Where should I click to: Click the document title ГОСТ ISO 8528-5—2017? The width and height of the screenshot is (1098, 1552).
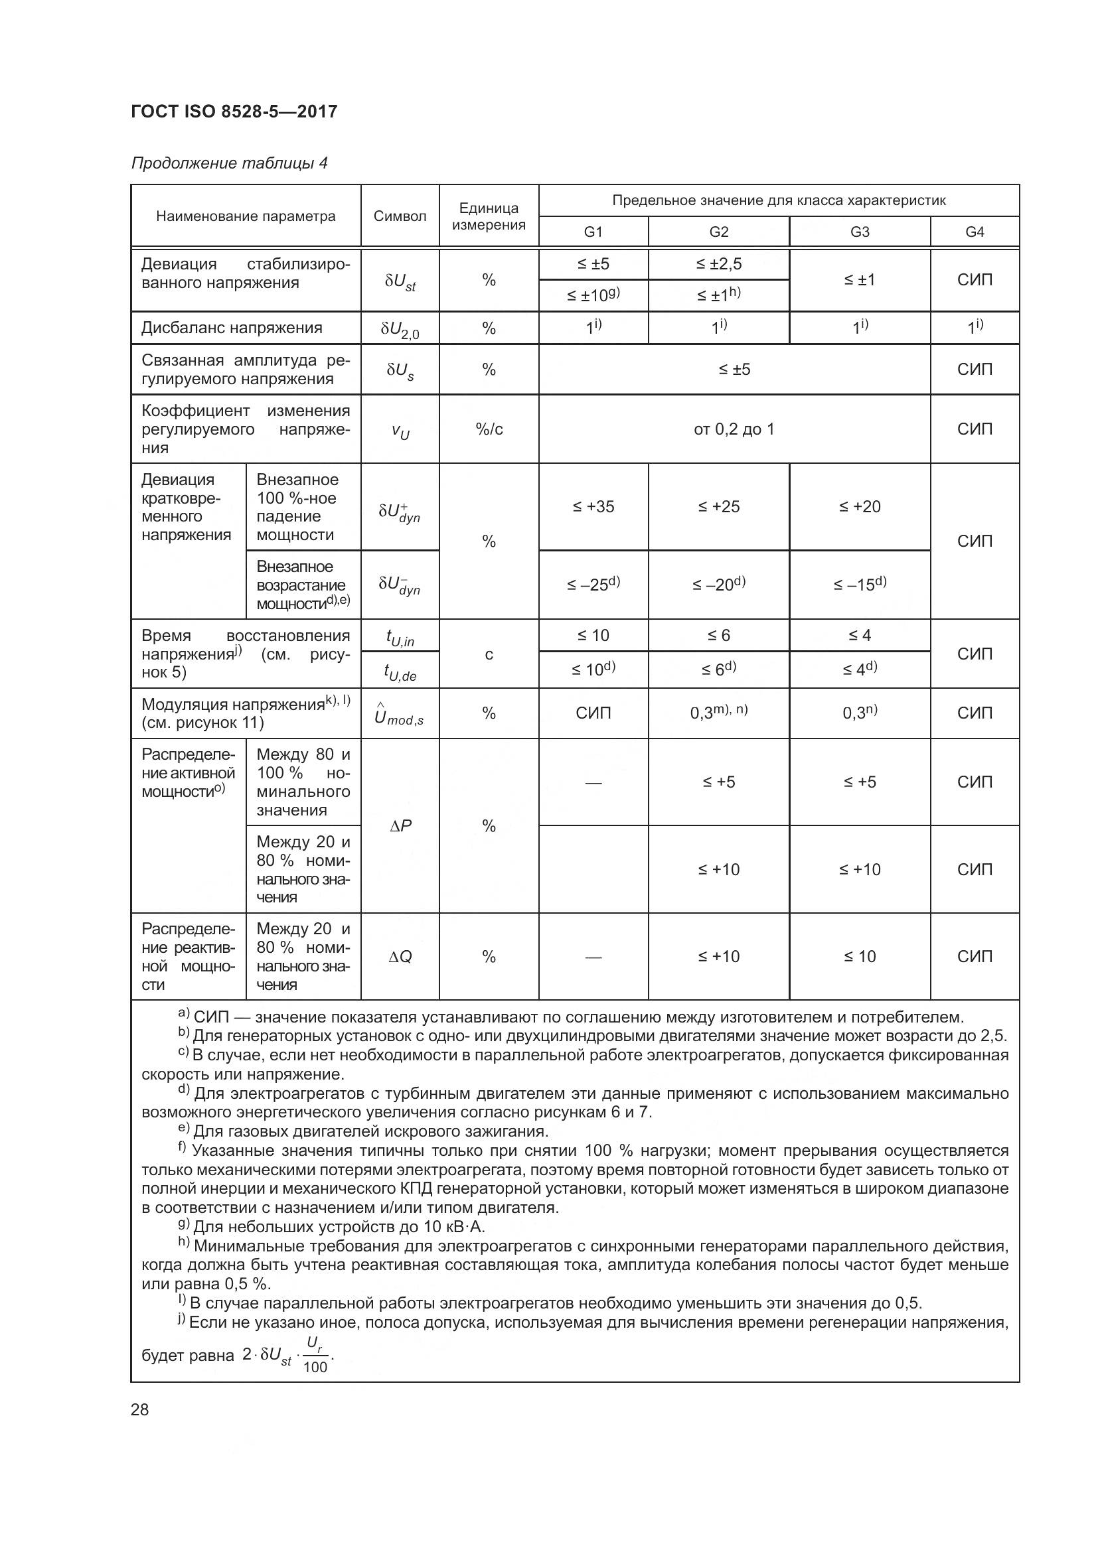click(x=234, y=111)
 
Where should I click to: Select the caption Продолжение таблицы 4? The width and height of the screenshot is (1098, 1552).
click(x=229, y=163)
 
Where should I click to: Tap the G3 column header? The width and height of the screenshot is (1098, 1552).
click(x=859, y=232)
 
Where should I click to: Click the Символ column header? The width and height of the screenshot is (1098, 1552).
click(x=400, y=216)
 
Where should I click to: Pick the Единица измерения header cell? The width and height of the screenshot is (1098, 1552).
click(x=489, y=216)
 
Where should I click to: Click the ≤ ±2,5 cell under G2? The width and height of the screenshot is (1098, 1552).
click(x=719, y=264)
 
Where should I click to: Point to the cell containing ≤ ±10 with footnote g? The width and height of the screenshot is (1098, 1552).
click(x=593, y=295)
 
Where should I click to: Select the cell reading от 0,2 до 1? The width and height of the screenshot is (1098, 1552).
click(x=734, y=429)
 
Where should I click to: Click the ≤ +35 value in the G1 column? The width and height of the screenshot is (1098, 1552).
click(x=593, y=507)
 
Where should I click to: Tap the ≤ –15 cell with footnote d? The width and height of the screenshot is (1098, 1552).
click(x=859, y=584)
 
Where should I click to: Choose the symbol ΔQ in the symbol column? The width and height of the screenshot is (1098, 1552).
click(x=400, y=957)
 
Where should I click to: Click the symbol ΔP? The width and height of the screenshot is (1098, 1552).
click(x=400, y=825)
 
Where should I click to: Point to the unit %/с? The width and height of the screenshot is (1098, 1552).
click(x=489, y=429)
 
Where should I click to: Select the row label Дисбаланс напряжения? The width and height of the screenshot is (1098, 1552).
click(x=232, y=328)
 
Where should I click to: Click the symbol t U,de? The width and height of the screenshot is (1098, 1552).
click(x=400, y=671)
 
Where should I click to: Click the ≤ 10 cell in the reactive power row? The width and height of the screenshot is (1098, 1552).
click(x=859, y=957)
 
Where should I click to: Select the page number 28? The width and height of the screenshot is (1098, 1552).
click(x=140, y=1409)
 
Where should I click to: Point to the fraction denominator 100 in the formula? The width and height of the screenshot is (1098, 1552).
click(x=315, y=1367)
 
